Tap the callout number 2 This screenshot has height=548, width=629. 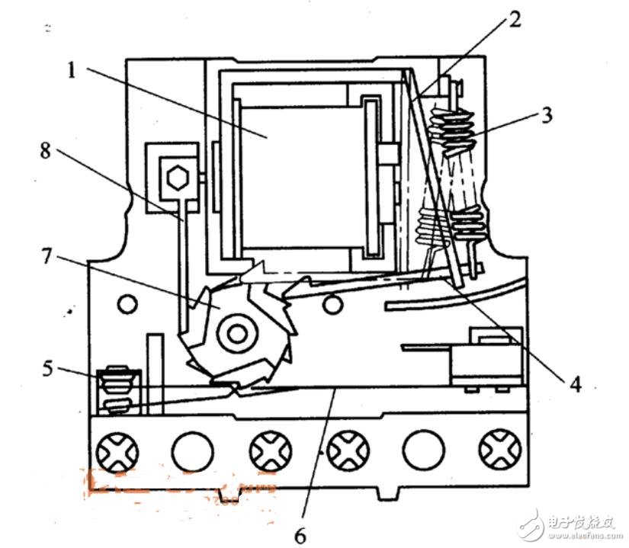[516, 20]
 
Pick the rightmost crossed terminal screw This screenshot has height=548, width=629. [500, 452]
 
